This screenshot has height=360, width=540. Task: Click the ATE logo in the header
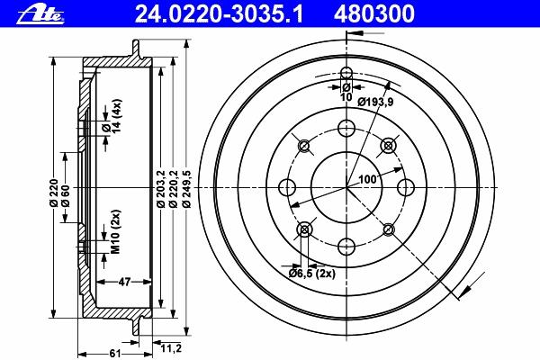pos(40,14)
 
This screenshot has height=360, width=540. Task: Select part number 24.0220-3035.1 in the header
pos(219,14)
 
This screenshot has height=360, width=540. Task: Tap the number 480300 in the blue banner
pos(374,14)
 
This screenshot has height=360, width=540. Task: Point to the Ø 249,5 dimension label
pos(186,188)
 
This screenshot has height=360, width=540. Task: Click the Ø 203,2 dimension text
pos(160,189)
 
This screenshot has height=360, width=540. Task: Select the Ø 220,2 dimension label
pos(174,189)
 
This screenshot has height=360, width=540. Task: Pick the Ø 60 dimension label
pos(65,196)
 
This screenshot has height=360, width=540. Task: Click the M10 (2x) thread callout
pos(116,231)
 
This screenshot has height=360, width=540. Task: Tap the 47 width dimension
pos(124,282)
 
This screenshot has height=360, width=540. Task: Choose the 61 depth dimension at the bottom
pos(115,354)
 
